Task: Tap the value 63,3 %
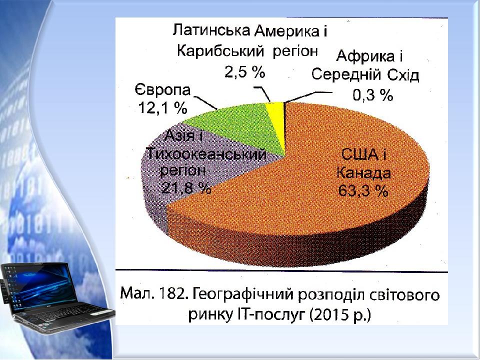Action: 363,191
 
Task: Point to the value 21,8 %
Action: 186,188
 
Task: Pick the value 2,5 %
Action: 245,72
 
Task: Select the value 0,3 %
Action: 373,95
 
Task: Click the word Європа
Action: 163,89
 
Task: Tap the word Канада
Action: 363,173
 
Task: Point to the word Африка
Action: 365,56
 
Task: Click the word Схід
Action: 403,74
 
